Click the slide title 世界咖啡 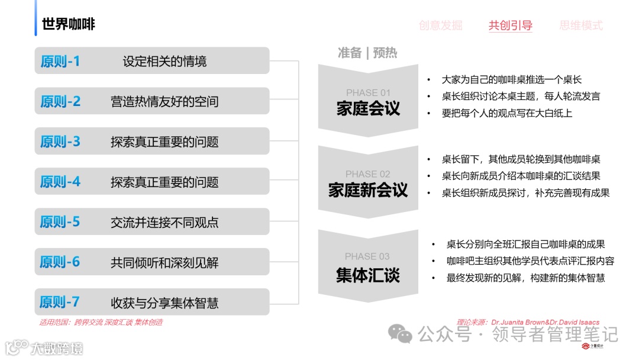click(x=69, y=24)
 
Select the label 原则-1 click(x=60, y=61)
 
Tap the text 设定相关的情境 click(x=164, y=62)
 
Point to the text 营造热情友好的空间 click(x=164, y=102)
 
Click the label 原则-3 click(x=60, y=142)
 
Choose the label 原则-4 click(x=60, y=182)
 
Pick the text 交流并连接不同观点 click(x=164, y=223)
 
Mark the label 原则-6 click(x=60, y=262)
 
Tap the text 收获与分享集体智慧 click(x=164, y=303)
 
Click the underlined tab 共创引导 click(x=510, y=25)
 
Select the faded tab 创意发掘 click(x=440, y=25)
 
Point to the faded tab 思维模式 click(x=581, y=25)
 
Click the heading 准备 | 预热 click(x=367, y=53)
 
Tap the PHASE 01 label click(x=368, y=93)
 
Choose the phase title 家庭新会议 click(x=368, y=190)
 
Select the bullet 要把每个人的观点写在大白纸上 click(x=507, y=113)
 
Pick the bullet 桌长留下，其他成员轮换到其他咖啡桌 click(x=521, y=159)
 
